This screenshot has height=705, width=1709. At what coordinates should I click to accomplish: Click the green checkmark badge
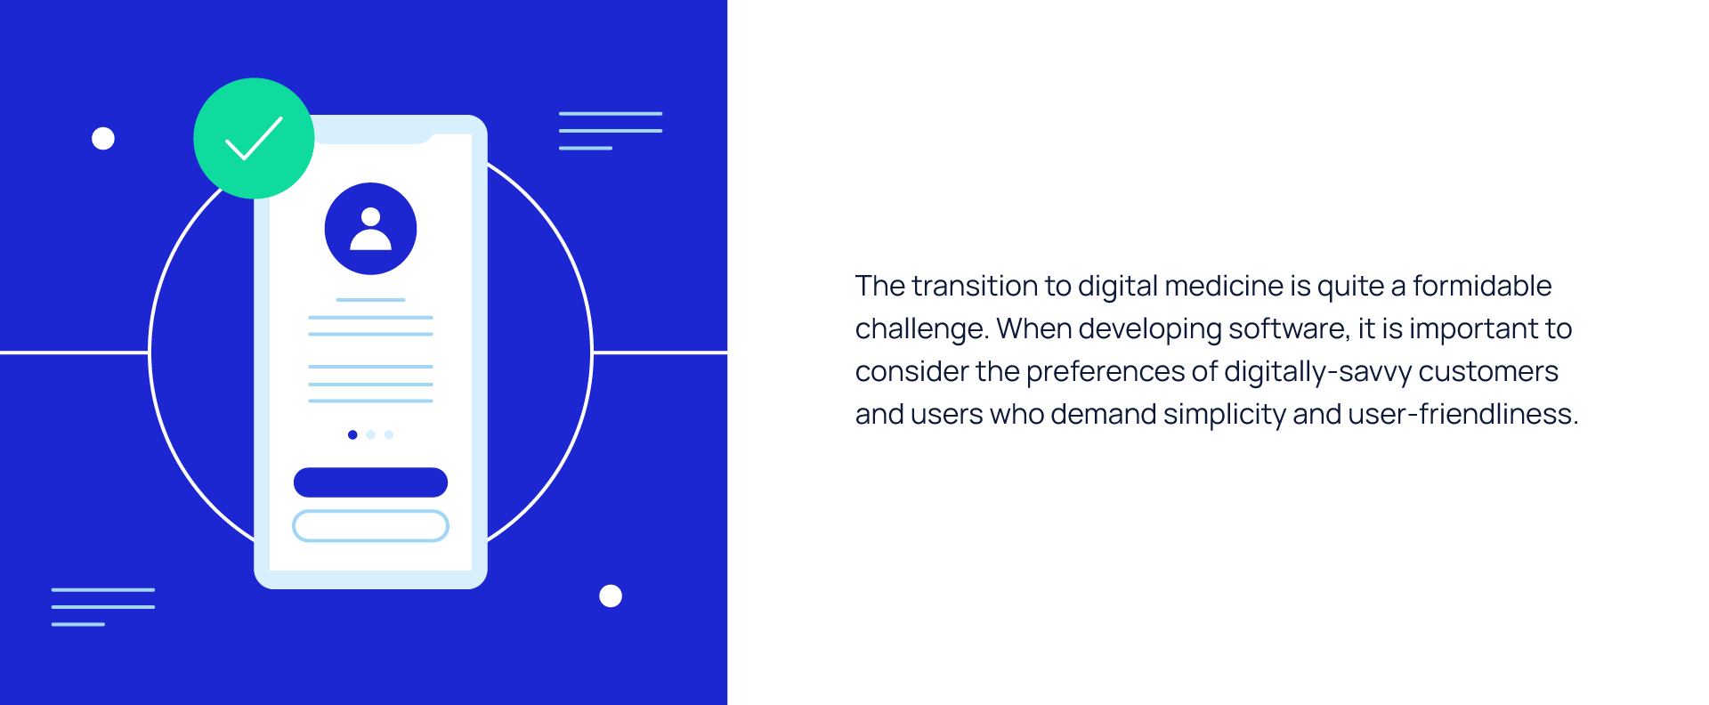pos(254,138)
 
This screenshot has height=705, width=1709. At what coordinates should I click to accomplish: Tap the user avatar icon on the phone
pos(370,229)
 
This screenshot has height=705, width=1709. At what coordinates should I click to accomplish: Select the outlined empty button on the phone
pos(370,526)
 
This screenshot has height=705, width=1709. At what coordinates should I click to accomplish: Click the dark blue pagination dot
pos(352,435)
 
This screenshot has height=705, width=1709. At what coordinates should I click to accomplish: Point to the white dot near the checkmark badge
pos(103,139)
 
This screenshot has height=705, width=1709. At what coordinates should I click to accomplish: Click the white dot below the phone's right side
pos(611,596)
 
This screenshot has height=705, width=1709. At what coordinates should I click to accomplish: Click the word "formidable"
pos(1482,286)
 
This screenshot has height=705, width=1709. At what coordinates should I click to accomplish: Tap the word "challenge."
pos(922,329)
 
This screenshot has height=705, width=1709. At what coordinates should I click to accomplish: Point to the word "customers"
pos(1488,372)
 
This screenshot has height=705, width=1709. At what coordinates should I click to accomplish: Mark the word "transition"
pos(975,286)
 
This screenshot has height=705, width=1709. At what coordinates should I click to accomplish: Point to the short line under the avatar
pos(370,300)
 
